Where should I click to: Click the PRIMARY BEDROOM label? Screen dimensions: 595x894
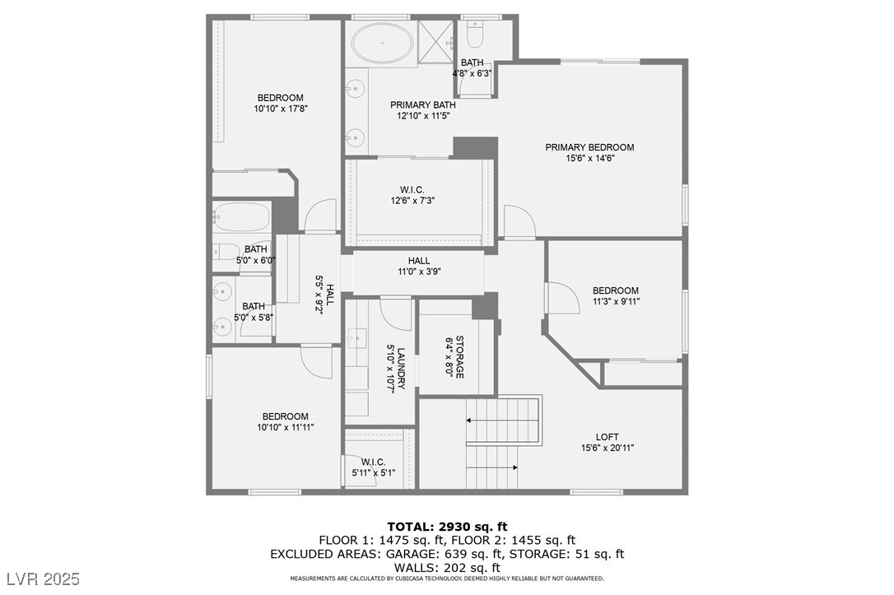coord(589,147)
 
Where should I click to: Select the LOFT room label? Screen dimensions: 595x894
coord(608,437)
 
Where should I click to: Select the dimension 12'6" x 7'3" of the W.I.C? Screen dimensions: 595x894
coord(412,200)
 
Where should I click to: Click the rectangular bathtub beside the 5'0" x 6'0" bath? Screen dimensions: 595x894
coord(241,217)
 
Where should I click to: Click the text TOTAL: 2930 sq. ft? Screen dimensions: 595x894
coord(447,526)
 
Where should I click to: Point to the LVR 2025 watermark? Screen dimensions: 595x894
coord(41,579)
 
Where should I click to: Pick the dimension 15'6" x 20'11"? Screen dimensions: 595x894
coord(607,448)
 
